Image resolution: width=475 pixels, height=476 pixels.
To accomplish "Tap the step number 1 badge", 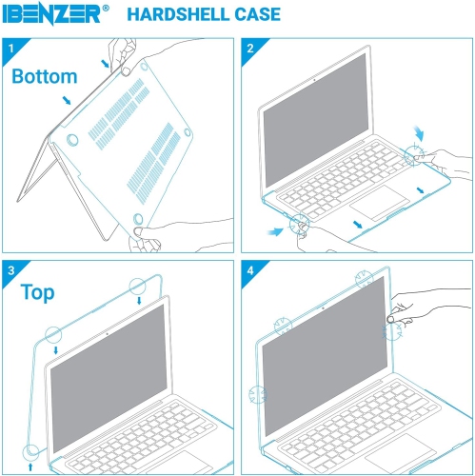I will [10, 47].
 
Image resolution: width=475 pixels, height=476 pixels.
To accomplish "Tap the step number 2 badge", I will [249, 47].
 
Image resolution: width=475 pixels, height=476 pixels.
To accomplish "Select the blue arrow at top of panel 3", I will [140, 301].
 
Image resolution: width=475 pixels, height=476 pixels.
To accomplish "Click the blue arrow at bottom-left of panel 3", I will [32, 467].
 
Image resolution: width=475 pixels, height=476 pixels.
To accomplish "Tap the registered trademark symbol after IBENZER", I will [106, 8].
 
